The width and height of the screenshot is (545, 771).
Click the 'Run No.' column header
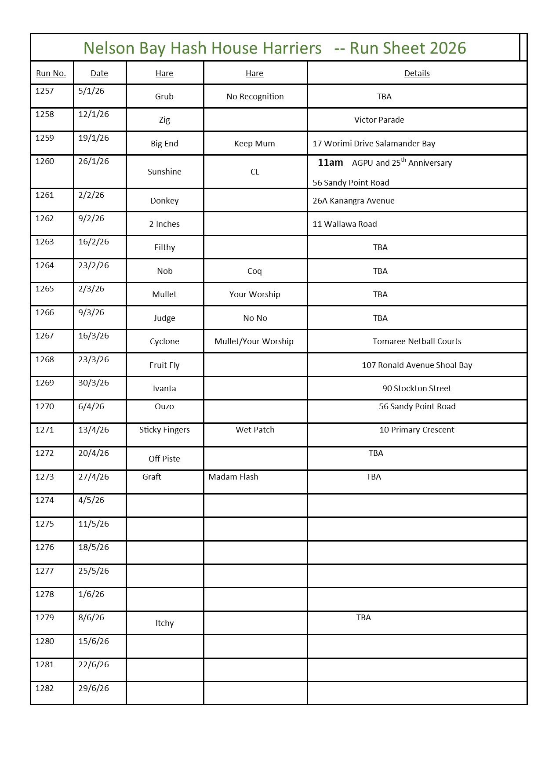[51, 73]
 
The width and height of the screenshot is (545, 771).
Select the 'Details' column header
[417, 73]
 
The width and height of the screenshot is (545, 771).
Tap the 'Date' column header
[99, 73]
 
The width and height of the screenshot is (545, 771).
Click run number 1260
[45, 161]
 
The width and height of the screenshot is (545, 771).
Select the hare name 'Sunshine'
[164, 172]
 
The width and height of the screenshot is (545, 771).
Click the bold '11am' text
[331, 163]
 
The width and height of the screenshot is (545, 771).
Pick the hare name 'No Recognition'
[255, 97]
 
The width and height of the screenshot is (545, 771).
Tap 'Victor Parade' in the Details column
[379, 120]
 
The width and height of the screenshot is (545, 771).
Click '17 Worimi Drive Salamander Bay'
[374, 144]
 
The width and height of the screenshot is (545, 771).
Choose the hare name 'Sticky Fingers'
[164, 430]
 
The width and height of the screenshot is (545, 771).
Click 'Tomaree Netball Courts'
[417, 342]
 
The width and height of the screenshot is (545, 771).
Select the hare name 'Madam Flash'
[233, 477]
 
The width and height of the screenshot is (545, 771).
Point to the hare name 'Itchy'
[164, 623]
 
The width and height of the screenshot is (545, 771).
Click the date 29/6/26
[94, 688]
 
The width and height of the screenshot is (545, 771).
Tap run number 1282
[45, 688]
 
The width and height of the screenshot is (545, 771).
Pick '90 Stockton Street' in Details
[417, 389]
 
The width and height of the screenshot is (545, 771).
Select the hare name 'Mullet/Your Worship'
[254, 342]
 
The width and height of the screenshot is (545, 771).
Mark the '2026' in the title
[448, 48]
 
